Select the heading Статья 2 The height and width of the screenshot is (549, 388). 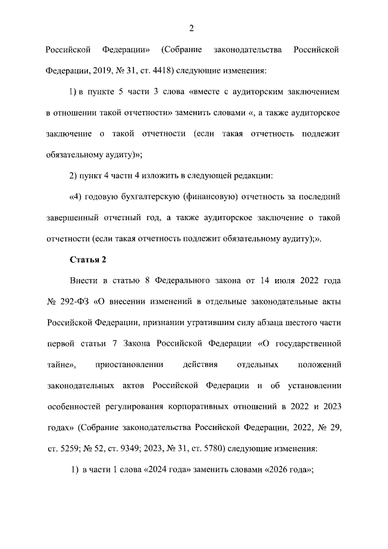coord(88,260)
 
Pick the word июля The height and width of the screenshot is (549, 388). coord(288,281)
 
